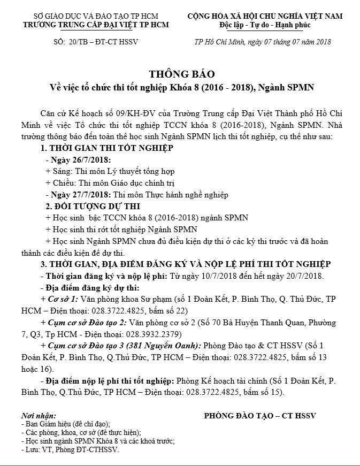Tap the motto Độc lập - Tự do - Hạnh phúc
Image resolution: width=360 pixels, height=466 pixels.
[x=265, y=25]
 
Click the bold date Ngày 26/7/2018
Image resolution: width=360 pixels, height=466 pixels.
[x=79, y=160]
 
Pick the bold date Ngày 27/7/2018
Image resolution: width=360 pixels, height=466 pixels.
[x=79, y=195]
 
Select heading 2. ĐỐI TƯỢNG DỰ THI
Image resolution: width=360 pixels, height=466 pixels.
[x=93, y=207]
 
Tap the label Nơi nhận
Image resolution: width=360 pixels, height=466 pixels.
[x=39, y=415]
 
